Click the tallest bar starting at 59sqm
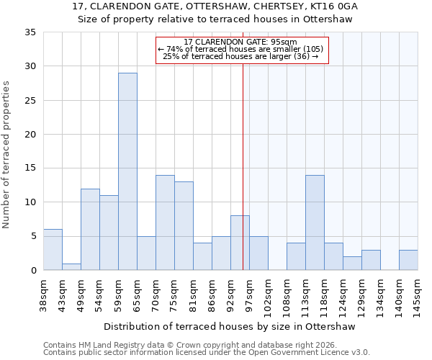click(127, 171)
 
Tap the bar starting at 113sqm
click(315, 222)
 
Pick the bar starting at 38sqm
click(53, 250)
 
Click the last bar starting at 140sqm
click(408, 260)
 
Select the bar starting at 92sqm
click(240, 243)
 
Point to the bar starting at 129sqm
click(371, 260)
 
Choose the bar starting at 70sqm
click(165, 222)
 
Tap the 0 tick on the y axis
click(33, 271)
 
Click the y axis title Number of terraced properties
click(6, 154)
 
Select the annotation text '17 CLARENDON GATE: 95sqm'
click(240, 42)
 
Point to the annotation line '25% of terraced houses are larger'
click(240, 56)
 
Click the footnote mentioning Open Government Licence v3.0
click(207, 353)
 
